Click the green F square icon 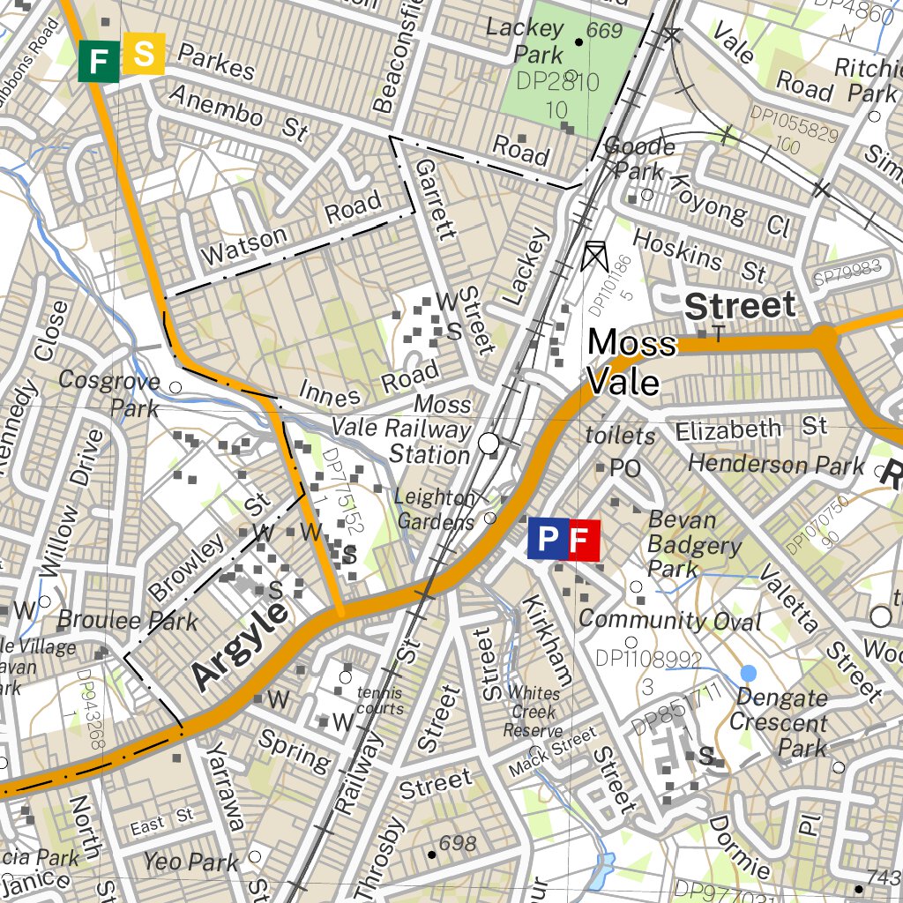click(99, 61)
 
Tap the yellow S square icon click(143, 55)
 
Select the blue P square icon click(548, 540)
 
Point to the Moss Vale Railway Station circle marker click(489, 444)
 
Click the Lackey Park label click(526, 41)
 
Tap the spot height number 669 click(604, 32)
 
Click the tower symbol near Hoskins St click(595, 256)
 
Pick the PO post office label click(624, 467)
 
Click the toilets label click(621, 436)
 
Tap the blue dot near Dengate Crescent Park click(748, 673)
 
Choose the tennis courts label click(380, 700)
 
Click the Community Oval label click(669, 620)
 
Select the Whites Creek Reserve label click(533, 712)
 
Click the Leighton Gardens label click(435, 509)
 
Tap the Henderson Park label click(776, 464)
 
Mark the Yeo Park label click(191, 862)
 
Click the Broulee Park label click(128, 620)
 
